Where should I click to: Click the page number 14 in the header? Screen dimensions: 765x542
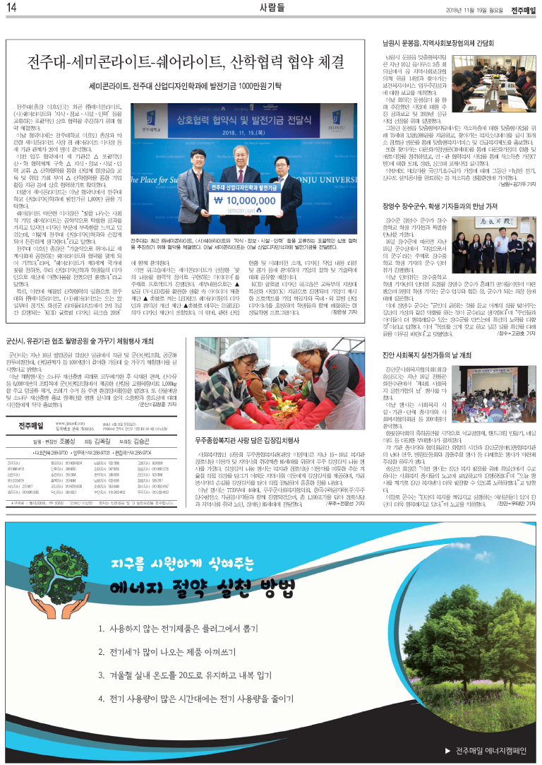(12, 8)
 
